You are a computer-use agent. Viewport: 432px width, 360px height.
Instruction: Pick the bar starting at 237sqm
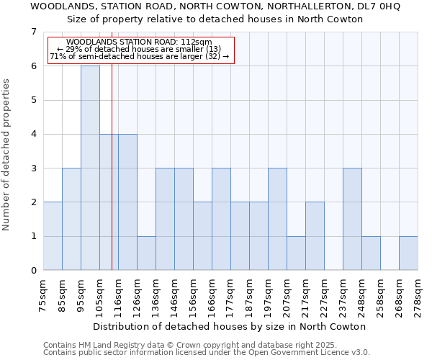352,219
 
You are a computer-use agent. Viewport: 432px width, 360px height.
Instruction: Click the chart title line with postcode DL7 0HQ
215,6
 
